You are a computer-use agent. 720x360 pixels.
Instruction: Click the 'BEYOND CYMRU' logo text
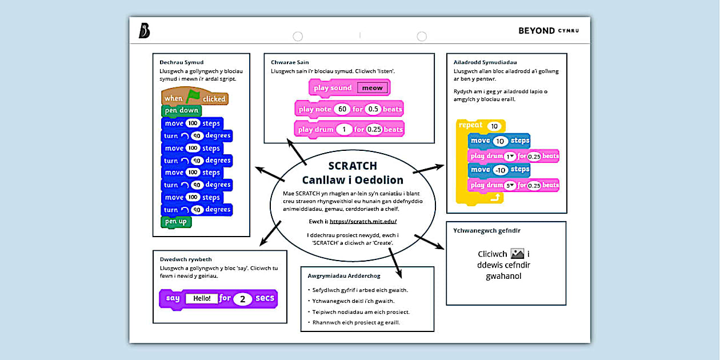click(548, 31)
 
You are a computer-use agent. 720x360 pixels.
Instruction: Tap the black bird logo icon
click(144, 30)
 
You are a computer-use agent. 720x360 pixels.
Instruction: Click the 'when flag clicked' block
click(194, 98)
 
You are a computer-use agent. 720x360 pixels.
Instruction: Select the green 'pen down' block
click(181, 110)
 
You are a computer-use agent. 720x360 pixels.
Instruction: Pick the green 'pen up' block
click(176, 222)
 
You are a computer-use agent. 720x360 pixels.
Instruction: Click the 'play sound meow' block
click(349, 88)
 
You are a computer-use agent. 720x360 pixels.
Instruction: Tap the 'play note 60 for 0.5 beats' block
click(349, 109)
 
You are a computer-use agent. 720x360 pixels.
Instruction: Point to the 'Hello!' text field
click(202, 298)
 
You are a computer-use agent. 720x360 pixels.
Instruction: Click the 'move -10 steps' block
click(499, 170)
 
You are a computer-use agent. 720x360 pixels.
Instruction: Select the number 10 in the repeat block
click(494, 126)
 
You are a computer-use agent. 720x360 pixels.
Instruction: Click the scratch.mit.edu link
click(363, 221)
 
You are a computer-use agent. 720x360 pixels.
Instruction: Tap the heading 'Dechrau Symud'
click(182, 62)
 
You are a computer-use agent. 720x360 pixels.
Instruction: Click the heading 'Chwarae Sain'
click(290, 62)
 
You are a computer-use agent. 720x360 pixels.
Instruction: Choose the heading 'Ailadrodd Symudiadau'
click(485, 62)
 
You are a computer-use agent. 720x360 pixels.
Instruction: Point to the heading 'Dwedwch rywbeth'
click(186, 259)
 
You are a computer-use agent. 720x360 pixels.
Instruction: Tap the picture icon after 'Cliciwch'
click(517, 254)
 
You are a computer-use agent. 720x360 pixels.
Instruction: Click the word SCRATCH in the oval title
click(353, 166)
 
